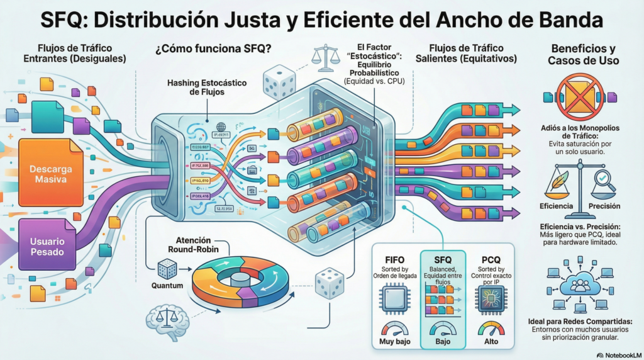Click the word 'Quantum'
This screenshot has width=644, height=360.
(167, 286)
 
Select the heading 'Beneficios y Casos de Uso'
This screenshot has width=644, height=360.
(584, 55)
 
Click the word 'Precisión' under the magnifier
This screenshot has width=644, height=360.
(604, 206)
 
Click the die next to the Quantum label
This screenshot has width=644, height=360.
(167, 269)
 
